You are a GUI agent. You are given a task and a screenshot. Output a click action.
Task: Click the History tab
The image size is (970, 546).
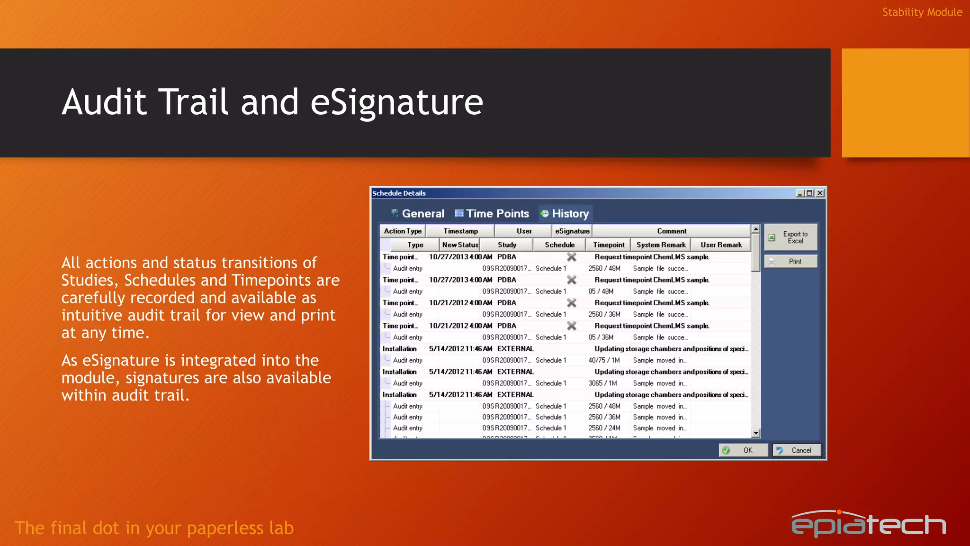[x=565, y=214]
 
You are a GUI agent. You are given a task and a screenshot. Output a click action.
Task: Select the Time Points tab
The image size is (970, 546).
[x=492, y=214]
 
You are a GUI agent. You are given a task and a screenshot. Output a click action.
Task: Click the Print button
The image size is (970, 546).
[x=791, y=262]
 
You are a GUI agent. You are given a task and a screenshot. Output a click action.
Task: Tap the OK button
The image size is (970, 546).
[x=743, y=450]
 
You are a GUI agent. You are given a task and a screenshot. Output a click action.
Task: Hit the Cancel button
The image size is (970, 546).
[x=796, y=450]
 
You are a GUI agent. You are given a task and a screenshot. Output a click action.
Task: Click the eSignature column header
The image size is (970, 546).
[x=572, y=231]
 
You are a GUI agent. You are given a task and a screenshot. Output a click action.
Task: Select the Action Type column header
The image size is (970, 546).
[x=403, y=231]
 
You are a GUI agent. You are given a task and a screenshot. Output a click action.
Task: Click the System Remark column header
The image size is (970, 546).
[x=661, y=245]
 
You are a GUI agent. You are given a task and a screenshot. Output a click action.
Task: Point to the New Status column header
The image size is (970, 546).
[x=460, y=245]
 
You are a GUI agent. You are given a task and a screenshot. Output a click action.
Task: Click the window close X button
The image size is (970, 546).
[x=820, y=193]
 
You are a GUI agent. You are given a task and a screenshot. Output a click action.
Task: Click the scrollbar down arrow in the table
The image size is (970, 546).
[x=756, y=433]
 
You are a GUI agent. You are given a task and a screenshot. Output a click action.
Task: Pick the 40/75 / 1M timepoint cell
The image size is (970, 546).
[x=604, y=361]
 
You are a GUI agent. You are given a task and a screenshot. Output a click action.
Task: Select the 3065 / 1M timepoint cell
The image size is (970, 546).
[x=602, y=383]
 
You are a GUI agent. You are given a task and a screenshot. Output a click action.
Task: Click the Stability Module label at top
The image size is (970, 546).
[x=922, y=12]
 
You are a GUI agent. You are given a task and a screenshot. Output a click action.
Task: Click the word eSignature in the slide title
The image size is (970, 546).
[x=396, y=102]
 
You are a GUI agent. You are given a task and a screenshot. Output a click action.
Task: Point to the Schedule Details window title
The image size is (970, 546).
[x=399, y=193]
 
